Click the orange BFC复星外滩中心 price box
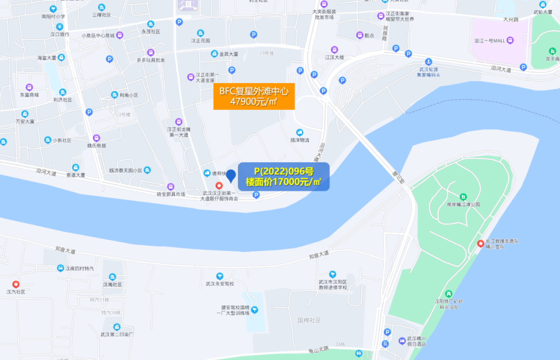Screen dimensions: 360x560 (254, 96)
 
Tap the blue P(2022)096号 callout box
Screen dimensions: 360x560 (284, 177)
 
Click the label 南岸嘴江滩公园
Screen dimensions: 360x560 (463, 204)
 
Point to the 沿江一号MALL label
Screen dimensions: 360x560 (489, 40)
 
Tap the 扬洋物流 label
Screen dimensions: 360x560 (299, 140)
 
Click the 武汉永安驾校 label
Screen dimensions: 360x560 (220, 284)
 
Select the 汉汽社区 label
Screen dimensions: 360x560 (16, 292)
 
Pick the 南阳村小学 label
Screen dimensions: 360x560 (53, 16)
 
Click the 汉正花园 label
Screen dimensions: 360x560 (200, 40)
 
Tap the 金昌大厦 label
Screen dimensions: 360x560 (228, 53)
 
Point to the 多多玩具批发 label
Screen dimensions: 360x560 (150, 60)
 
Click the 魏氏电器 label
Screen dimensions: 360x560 (96, 146)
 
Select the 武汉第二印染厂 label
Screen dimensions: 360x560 (117, 335)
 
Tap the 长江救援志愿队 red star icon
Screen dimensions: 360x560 (481, 243)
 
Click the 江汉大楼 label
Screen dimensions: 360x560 (334, 57)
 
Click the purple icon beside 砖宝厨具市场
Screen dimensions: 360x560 (171, 187)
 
